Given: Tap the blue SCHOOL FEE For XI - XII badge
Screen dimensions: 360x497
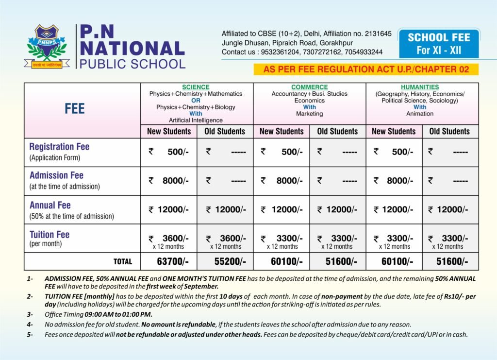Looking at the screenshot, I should click(438, 44).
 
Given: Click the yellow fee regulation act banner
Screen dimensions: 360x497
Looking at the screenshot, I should click(366, 69).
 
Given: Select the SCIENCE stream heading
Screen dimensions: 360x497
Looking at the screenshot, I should click(196, 87).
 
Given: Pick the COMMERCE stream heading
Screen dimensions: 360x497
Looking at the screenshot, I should click(309, 87).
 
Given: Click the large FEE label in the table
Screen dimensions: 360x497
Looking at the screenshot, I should click(74, 109).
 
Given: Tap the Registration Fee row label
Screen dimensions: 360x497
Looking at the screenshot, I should click(59, 147).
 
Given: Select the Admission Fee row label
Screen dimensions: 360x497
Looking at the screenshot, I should click(56, 175).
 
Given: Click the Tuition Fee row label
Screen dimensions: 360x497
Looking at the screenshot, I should click(50, 235).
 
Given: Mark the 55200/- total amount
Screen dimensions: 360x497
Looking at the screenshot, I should click(230, 261).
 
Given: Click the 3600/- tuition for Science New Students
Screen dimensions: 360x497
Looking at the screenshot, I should click(175, 238).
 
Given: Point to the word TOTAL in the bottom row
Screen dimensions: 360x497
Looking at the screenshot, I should click(122, 261).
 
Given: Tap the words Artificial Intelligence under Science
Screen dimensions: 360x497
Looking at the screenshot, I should click(196, 120).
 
